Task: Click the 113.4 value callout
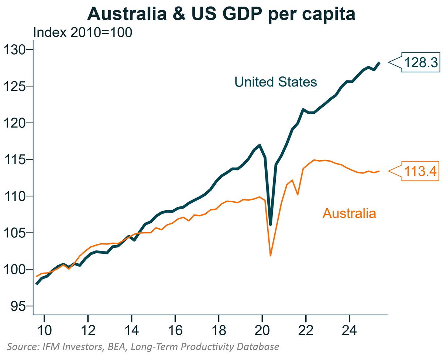420,171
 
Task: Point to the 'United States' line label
276,82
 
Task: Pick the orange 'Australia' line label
349,213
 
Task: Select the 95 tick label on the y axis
18,306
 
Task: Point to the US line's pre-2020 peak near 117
260,145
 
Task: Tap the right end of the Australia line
379,171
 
